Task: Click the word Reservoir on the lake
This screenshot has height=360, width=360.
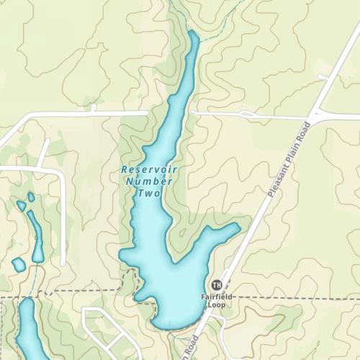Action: tap(149, 169)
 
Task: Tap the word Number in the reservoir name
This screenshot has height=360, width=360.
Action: tap(149, 181)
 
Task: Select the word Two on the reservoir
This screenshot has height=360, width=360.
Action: tap(148, 194)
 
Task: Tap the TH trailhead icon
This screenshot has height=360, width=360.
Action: tap(217, 285)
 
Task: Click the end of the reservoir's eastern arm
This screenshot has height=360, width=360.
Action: tap(235, 228)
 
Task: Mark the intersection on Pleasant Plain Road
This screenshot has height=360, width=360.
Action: tap(315, 115)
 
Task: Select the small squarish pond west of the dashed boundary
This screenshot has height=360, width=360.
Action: tap(19, 264)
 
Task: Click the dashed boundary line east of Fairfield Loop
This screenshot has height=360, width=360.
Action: tap(302, 297)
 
